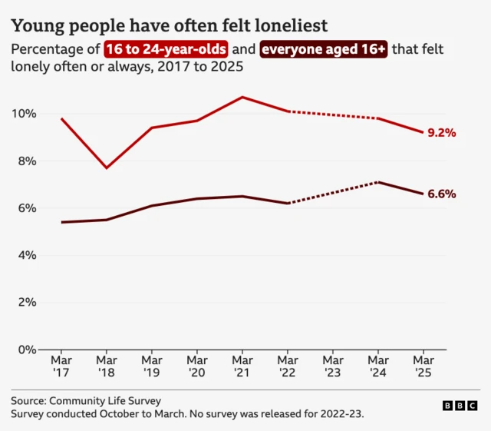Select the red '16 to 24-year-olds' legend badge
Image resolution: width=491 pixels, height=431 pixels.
[x=166, y=50]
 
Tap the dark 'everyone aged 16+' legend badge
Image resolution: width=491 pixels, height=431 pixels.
[x=325, y=50]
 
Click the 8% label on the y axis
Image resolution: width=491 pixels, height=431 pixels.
[x=27, y=161]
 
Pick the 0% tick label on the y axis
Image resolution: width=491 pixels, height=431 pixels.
[x=27, y=350]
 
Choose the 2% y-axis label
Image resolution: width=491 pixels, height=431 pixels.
[x=27, y=303]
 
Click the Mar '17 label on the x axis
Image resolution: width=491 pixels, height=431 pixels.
[x=61, y=366]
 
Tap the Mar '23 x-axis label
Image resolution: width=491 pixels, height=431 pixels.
[x=333, y=366]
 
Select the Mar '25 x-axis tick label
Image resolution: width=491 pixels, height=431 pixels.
[x=423, y=366]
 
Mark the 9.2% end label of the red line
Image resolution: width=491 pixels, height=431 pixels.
[x=442, y=133]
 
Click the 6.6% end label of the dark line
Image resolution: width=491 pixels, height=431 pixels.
[x=442, y=194]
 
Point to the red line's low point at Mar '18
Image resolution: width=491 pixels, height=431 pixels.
[x=107, y=167]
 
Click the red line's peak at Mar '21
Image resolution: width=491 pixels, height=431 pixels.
[x=242, y=97]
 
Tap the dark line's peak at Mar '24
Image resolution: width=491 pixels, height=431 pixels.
[x=378, y=182]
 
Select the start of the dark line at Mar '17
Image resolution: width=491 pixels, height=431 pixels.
[x=61, y=222]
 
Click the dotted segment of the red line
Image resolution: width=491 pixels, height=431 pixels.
[x=333, y=114]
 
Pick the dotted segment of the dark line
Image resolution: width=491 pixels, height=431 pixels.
[x=333, y=193]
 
